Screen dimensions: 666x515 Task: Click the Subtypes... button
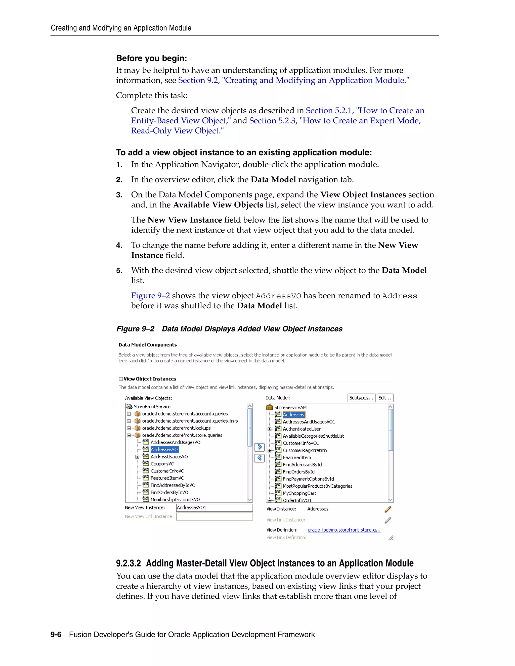[361, 398]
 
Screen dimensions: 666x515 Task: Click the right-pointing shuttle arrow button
[259, 447]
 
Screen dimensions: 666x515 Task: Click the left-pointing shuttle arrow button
[259, 458]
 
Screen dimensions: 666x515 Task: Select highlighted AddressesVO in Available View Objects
[164, 450]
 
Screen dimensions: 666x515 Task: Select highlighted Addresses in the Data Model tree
[293, 415]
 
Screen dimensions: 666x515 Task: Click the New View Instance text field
[214, 508]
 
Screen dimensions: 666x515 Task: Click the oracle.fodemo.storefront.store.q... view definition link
[344, 530]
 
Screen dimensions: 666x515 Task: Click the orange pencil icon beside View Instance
[388, 509]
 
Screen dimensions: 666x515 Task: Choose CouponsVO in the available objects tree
[162, 464]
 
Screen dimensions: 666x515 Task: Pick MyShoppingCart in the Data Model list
[299, 493]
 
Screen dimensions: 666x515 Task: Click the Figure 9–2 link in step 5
[150, 296]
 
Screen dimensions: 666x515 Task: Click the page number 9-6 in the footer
[56, 635]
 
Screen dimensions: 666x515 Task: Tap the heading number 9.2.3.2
[128, 563]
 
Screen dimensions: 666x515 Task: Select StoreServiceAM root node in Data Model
[290, 407]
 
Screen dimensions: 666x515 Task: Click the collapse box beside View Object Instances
[121, 379]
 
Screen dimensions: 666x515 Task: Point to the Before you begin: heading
[151, 58]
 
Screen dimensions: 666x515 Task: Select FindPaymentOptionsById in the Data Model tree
[308, 479]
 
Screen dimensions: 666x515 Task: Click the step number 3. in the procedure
[119, 195]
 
